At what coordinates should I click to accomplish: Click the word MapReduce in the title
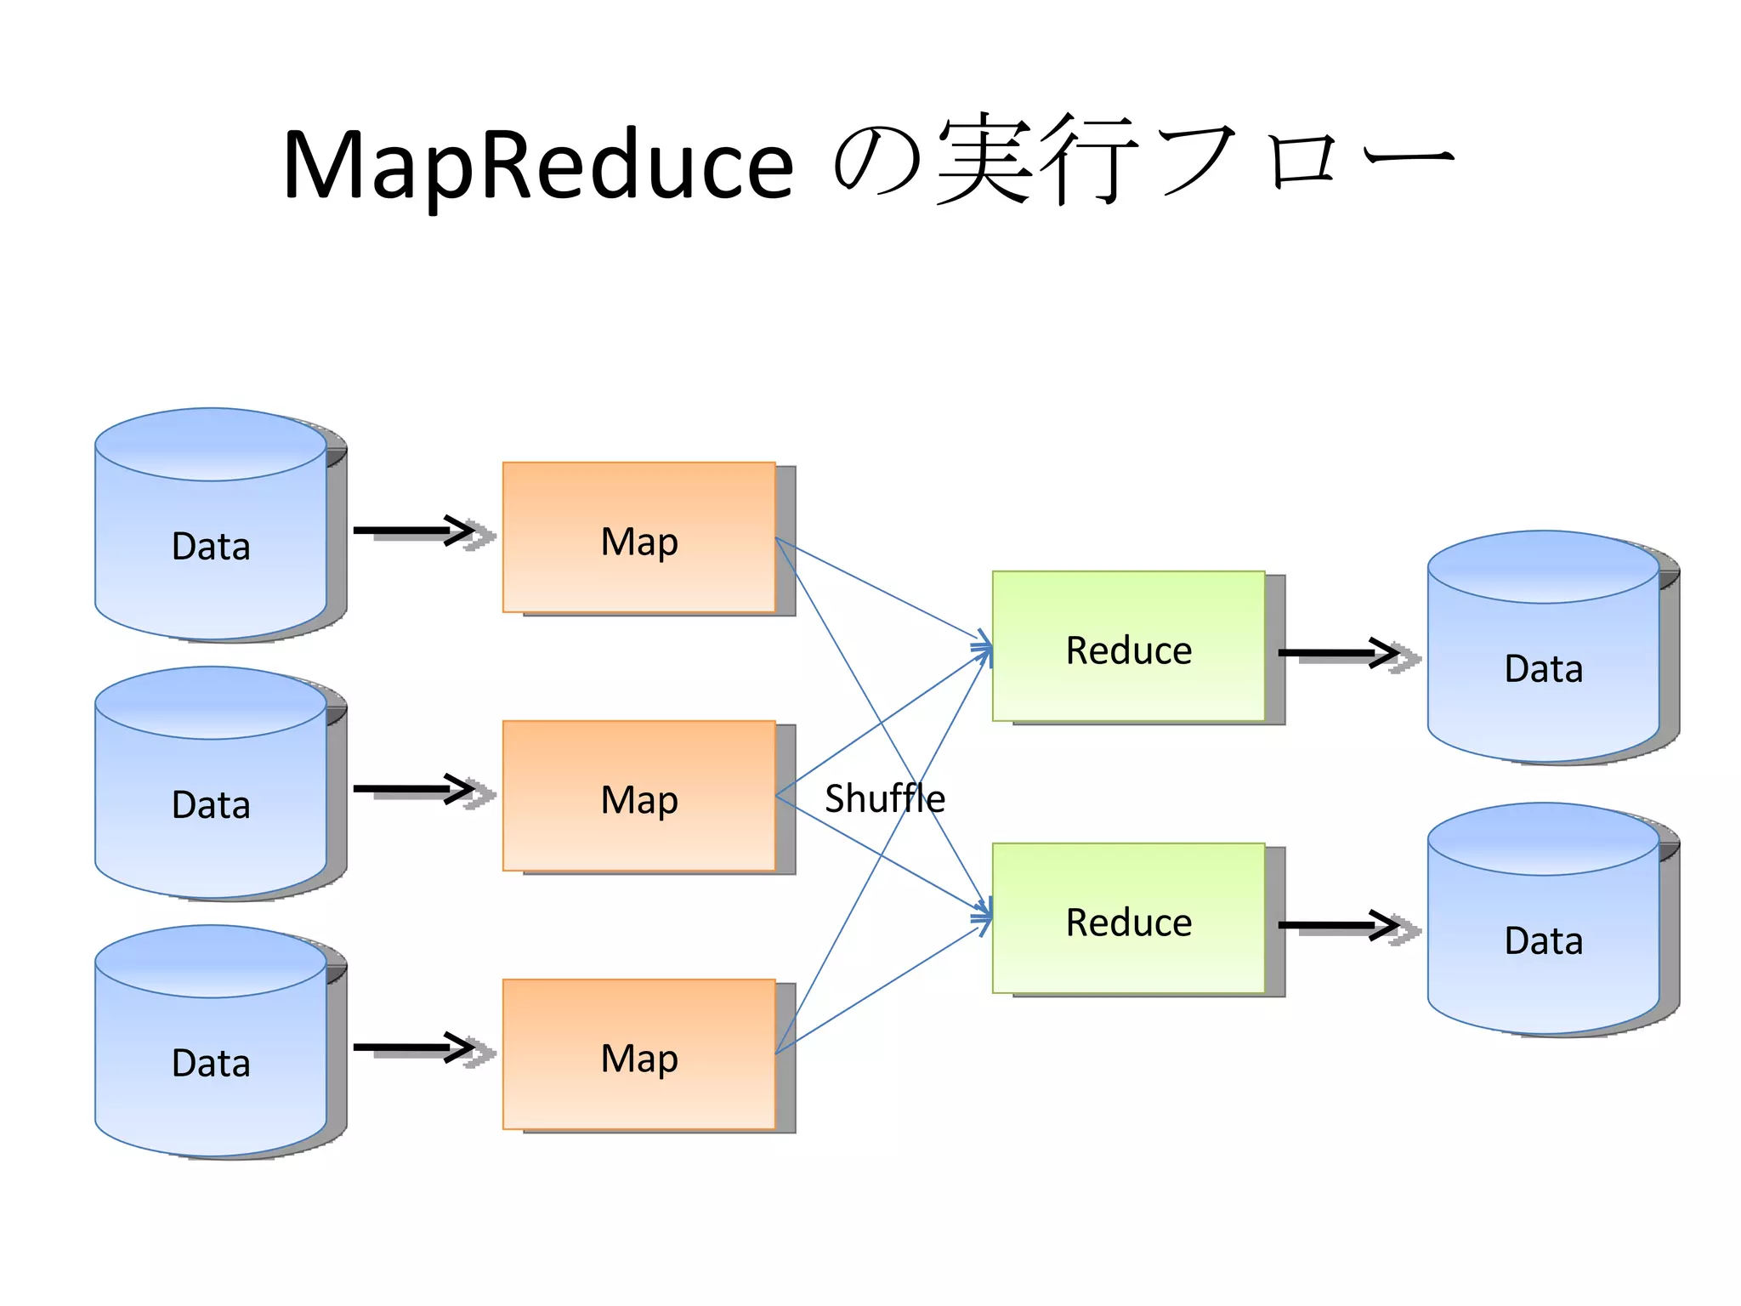(x=537, y=165)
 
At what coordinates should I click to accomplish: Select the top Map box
(x=639, y=537)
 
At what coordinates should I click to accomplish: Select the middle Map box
(x=639, y=796)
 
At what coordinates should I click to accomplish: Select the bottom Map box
(x=639, y=1054)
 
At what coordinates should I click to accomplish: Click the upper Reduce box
(x=1129, y=646)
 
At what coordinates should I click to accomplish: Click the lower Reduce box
(x=1129, y=918)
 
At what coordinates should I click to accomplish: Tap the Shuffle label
(x=884, y=798)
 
